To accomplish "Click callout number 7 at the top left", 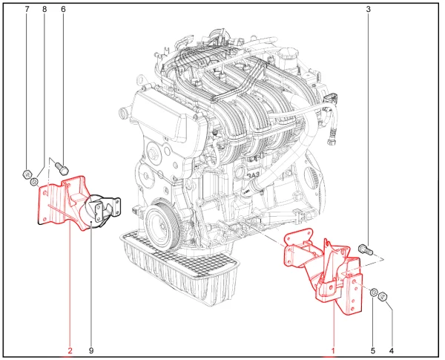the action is point(27,10).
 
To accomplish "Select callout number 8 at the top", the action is point(44,10).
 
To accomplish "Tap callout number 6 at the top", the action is point(63,10).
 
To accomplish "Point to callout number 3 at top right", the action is point(369,10).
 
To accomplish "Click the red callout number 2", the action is point(70,351).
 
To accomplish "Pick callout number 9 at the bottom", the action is point(91,351).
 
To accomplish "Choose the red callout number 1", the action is point(333,351).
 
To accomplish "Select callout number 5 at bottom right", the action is point(373,351).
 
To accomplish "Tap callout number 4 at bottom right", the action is point(392,351).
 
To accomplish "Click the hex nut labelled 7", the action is point(27,174).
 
